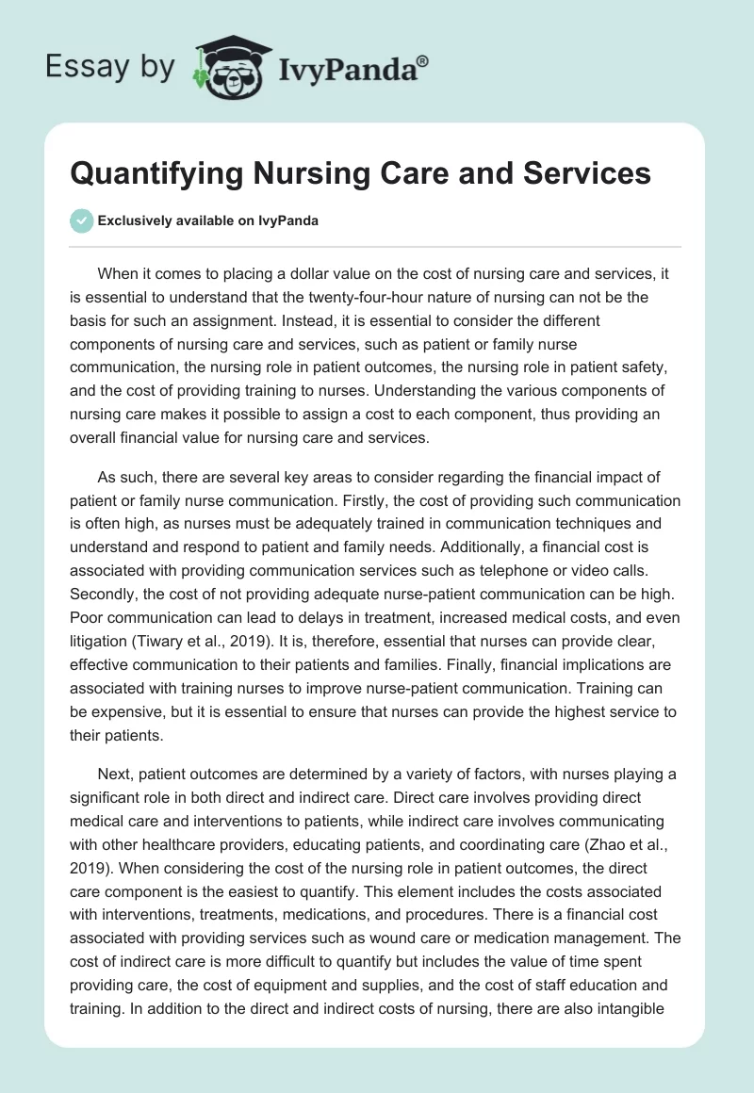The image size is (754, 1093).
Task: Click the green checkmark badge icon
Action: tap(82, 220)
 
